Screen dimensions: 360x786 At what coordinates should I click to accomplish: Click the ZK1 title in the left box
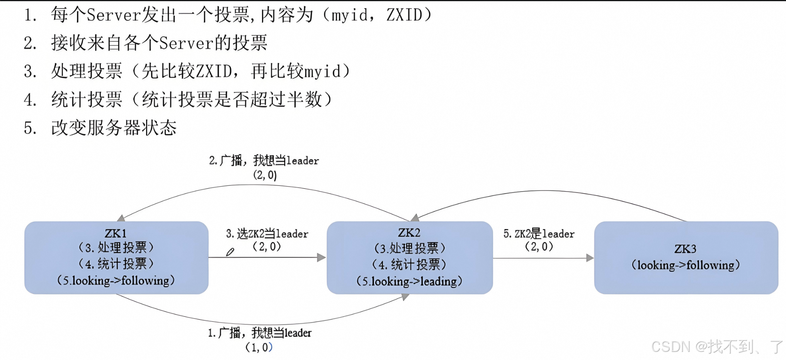point(116,233)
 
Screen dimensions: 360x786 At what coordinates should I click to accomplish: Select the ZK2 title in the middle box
point(409,233)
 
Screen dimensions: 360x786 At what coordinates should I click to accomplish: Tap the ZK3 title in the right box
point(685,249)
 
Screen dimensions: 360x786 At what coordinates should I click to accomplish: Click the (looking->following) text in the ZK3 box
point(686,265)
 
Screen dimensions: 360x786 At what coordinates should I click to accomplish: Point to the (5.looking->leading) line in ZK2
point(409,281)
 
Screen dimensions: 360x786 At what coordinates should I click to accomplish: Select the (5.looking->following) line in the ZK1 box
point(116,280)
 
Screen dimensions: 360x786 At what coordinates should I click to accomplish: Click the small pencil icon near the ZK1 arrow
point(230,252)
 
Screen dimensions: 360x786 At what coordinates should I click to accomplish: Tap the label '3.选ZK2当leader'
point(267,234)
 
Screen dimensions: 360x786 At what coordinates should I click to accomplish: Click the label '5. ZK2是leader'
point(539,234)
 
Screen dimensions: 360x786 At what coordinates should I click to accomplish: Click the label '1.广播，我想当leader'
point(259,333)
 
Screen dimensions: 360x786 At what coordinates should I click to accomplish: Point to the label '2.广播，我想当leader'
point(264,161)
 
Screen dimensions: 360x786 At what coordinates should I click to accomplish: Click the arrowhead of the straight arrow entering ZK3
point(590,258)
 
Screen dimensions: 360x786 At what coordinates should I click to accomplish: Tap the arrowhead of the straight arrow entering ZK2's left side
point(322,257)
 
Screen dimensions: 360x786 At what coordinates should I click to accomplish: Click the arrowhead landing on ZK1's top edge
point(121,218)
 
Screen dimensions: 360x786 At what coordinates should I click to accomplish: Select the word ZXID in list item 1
point(404,15)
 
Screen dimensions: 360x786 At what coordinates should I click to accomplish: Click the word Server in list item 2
point(186,43)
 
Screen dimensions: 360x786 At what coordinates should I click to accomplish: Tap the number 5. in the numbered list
point(30,128)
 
